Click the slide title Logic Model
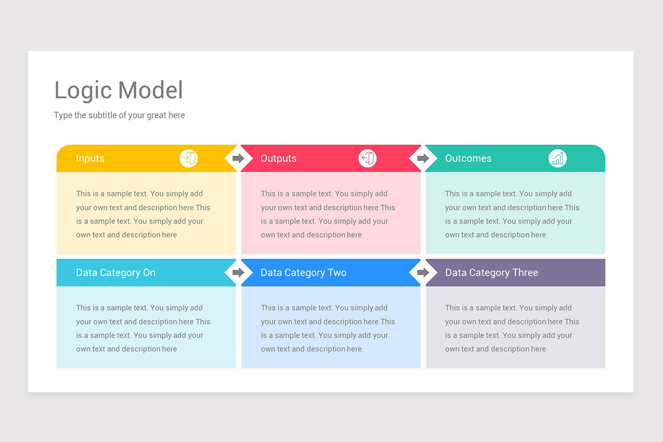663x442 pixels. click(118, 91)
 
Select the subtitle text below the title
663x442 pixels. click(119, 115)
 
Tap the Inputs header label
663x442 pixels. click(90, 159)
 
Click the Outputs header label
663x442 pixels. click(278, 159)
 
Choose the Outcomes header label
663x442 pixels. click(468, 159)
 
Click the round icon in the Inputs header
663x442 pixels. click(188, 159)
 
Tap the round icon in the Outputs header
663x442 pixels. click(367, 159)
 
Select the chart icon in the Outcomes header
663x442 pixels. click(557, 159)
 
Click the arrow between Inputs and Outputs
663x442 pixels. click(238, 159)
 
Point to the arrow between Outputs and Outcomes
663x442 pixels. click(423, 159)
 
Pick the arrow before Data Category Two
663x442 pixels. click(238, 272)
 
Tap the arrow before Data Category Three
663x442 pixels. click(423, 272)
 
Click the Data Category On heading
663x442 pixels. click(115, 273)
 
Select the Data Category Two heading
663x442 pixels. click(303, 273)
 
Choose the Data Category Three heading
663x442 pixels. click(491, 273)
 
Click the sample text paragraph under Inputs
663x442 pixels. click(143, 214)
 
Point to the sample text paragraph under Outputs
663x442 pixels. click(328, 214)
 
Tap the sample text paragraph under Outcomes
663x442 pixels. click(512, 214)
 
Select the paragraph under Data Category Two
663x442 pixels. click(328, 328)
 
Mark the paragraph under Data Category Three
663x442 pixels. click(512, 328)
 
